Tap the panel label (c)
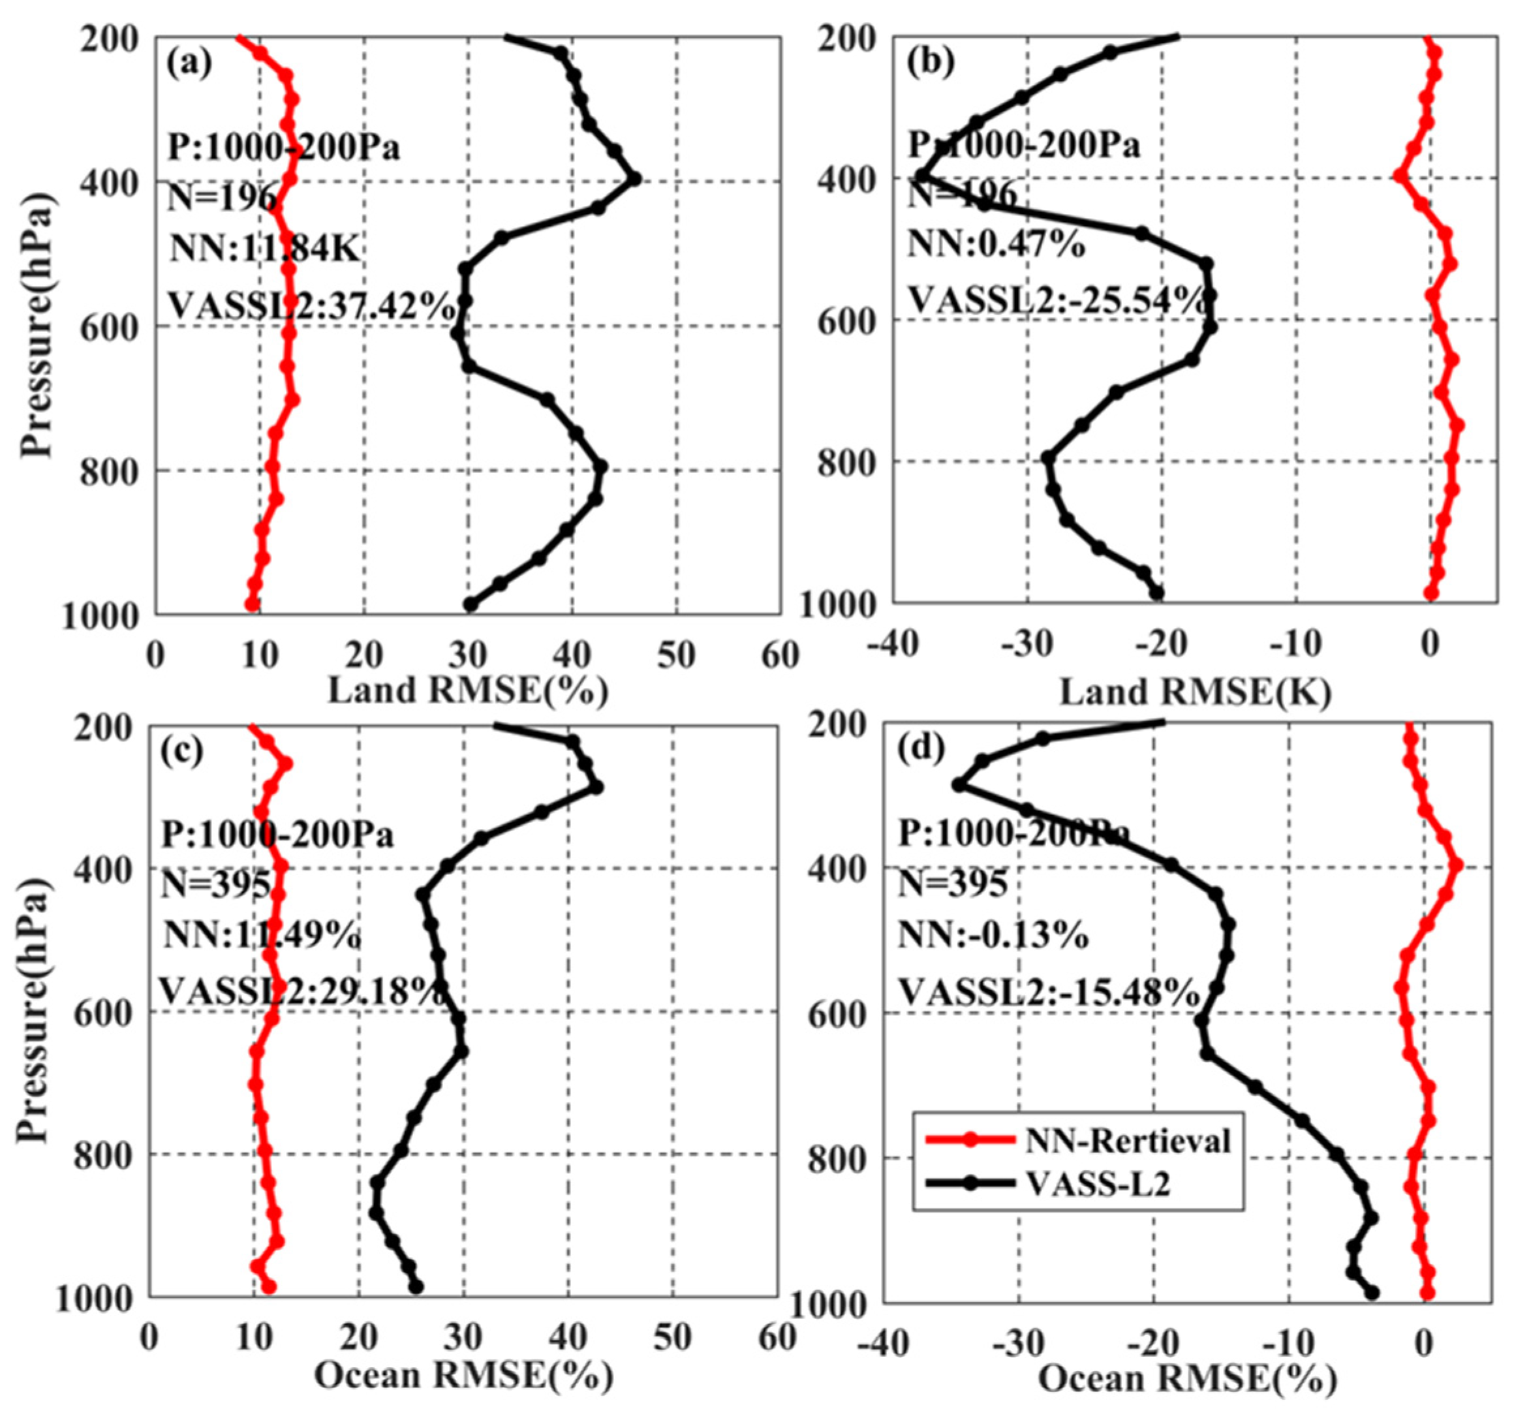coord(181,752)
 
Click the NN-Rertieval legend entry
coord(1128,1141)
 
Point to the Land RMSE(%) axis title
coord(467,690)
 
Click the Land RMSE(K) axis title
coord(1196,692)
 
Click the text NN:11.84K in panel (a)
coord(264,249)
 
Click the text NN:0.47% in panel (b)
coord(995,245)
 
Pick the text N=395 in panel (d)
coord(951,884)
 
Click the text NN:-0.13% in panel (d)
coord(992,935)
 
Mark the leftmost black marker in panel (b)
coord(921,176)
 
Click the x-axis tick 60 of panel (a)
coord(780,656)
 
